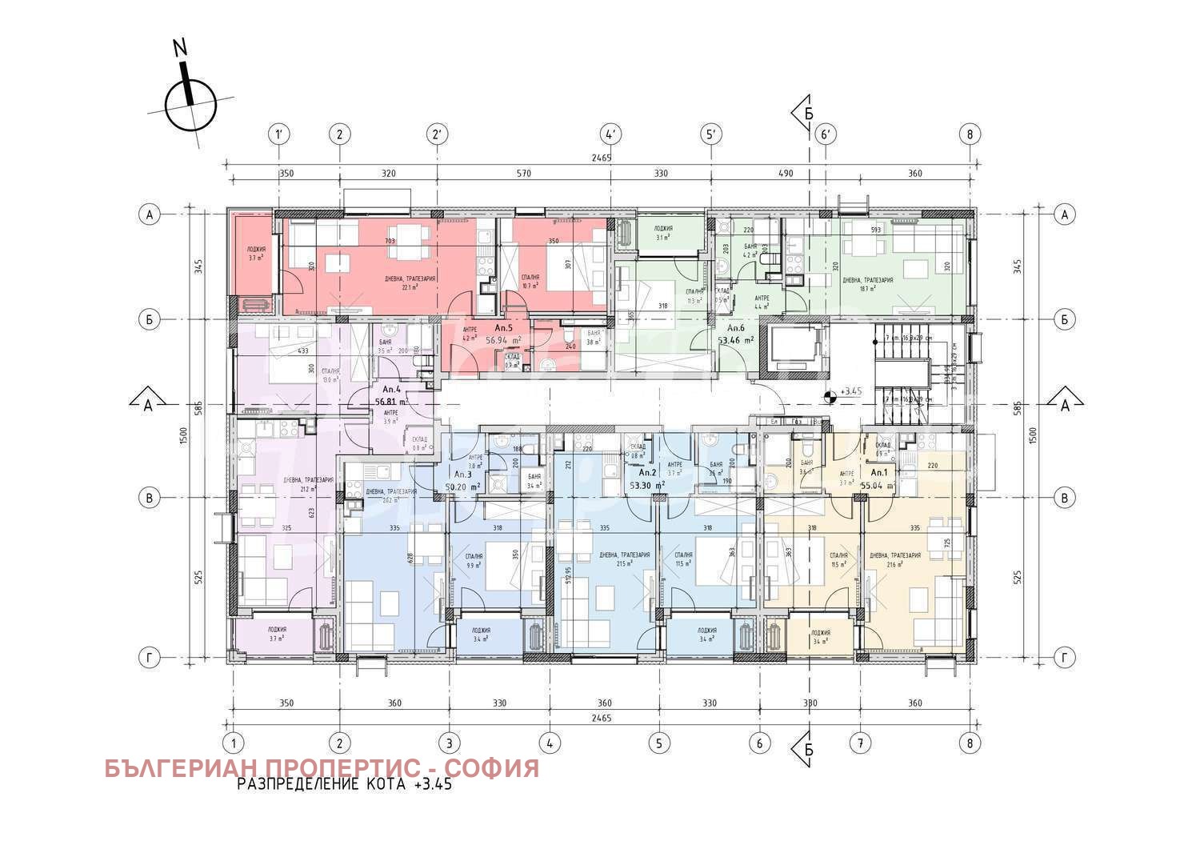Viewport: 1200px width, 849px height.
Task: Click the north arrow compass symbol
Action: coord(190,104)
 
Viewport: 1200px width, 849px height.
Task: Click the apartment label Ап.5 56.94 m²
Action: coord(504,334)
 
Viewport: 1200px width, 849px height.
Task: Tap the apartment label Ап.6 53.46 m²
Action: coord(736,334)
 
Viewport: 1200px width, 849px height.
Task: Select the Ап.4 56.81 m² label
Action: coord(391,396)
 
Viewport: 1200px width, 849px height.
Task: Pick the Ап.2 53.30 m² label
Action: coord(647,479)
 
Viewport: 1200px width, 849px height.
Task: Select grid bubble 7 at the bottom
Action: coord(860,743)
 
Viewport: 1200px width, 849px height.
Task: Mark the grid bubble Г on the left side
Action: coord(149,658)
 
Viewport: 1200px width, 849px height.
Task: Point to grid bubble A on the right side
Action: coord(1064,214)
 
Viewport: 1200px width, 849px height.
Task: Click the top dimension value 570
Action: coord(523,174)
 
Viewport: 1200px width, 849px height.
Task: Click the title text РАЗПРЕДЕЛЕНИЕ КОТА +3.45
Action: coord(344,785)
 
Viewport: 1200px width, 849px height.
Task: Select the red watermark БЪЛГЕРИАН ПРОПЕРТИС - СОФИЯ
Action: coord(322,768)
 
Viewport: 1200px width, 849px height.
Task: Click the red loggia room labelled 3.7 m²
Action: coord(256,254)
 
